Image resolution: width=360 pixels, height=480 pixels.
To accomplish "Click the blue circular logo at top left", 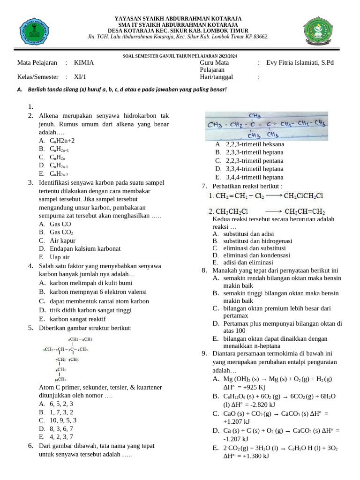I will [33, 32].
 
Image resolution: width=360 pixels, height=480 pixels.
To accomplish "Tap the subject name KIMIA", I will [84, 62].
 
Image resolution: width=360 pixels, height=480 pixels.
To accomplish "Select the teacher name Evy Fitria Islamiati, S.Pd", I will [300, 62].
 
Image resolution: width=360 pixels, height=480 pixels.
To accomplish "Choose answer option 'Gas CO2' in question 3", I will [61, 232].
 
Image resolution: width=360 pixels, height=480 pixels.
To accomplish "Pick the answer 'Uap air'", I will [60, 257].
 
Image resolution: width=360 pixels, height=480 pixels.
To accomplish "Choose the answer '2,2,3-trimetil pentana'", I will [255, 161].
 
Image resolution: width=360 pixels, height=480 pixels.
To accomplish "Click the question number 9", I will [205, 353].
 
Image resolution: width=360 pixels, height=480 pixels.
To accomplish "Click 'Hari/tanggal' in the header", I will [217, 77].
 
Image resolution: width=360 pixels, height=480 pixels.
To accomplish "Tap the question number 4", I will [30, 266].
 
